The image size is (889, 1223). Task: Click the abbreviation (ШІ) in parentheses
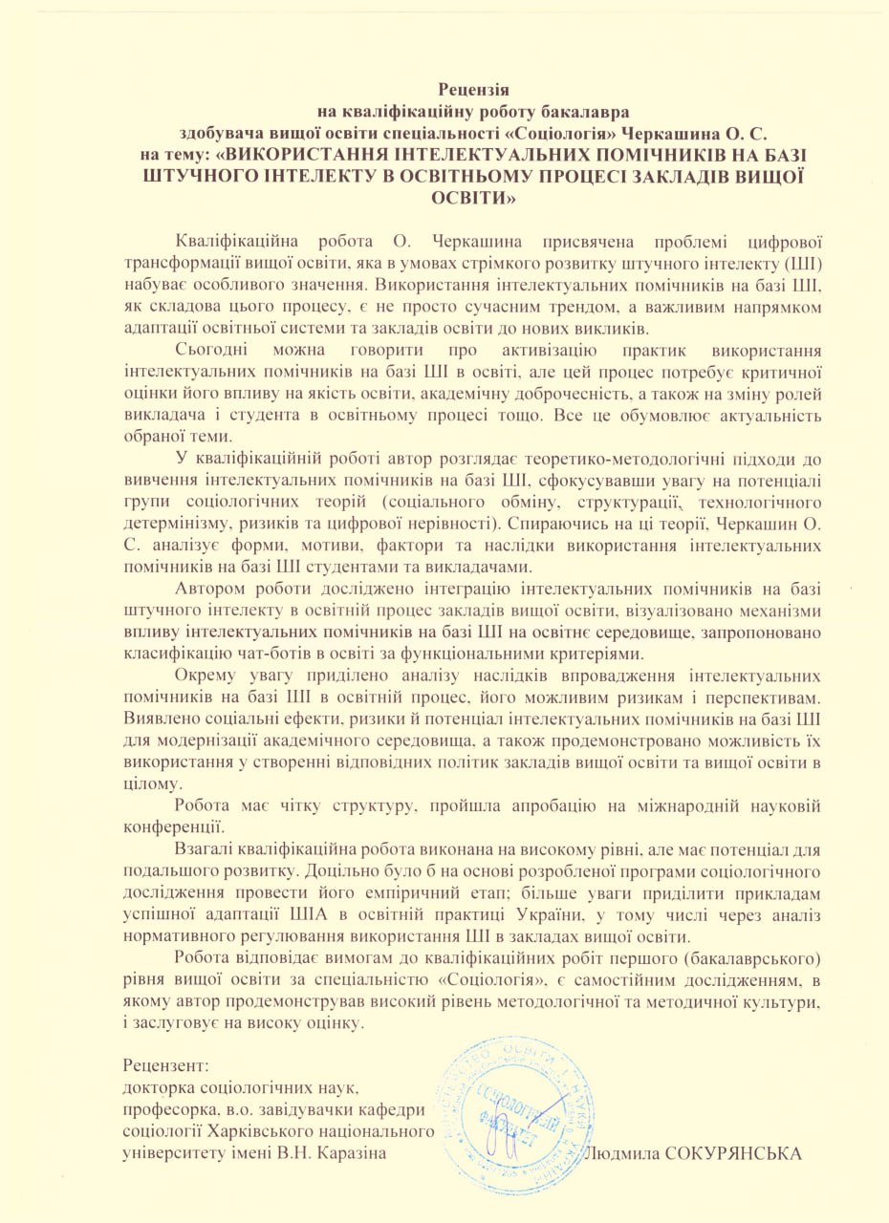(x=804, y=260)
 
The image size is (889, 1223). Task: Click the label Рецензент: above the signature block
(x=165, y=1063)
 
